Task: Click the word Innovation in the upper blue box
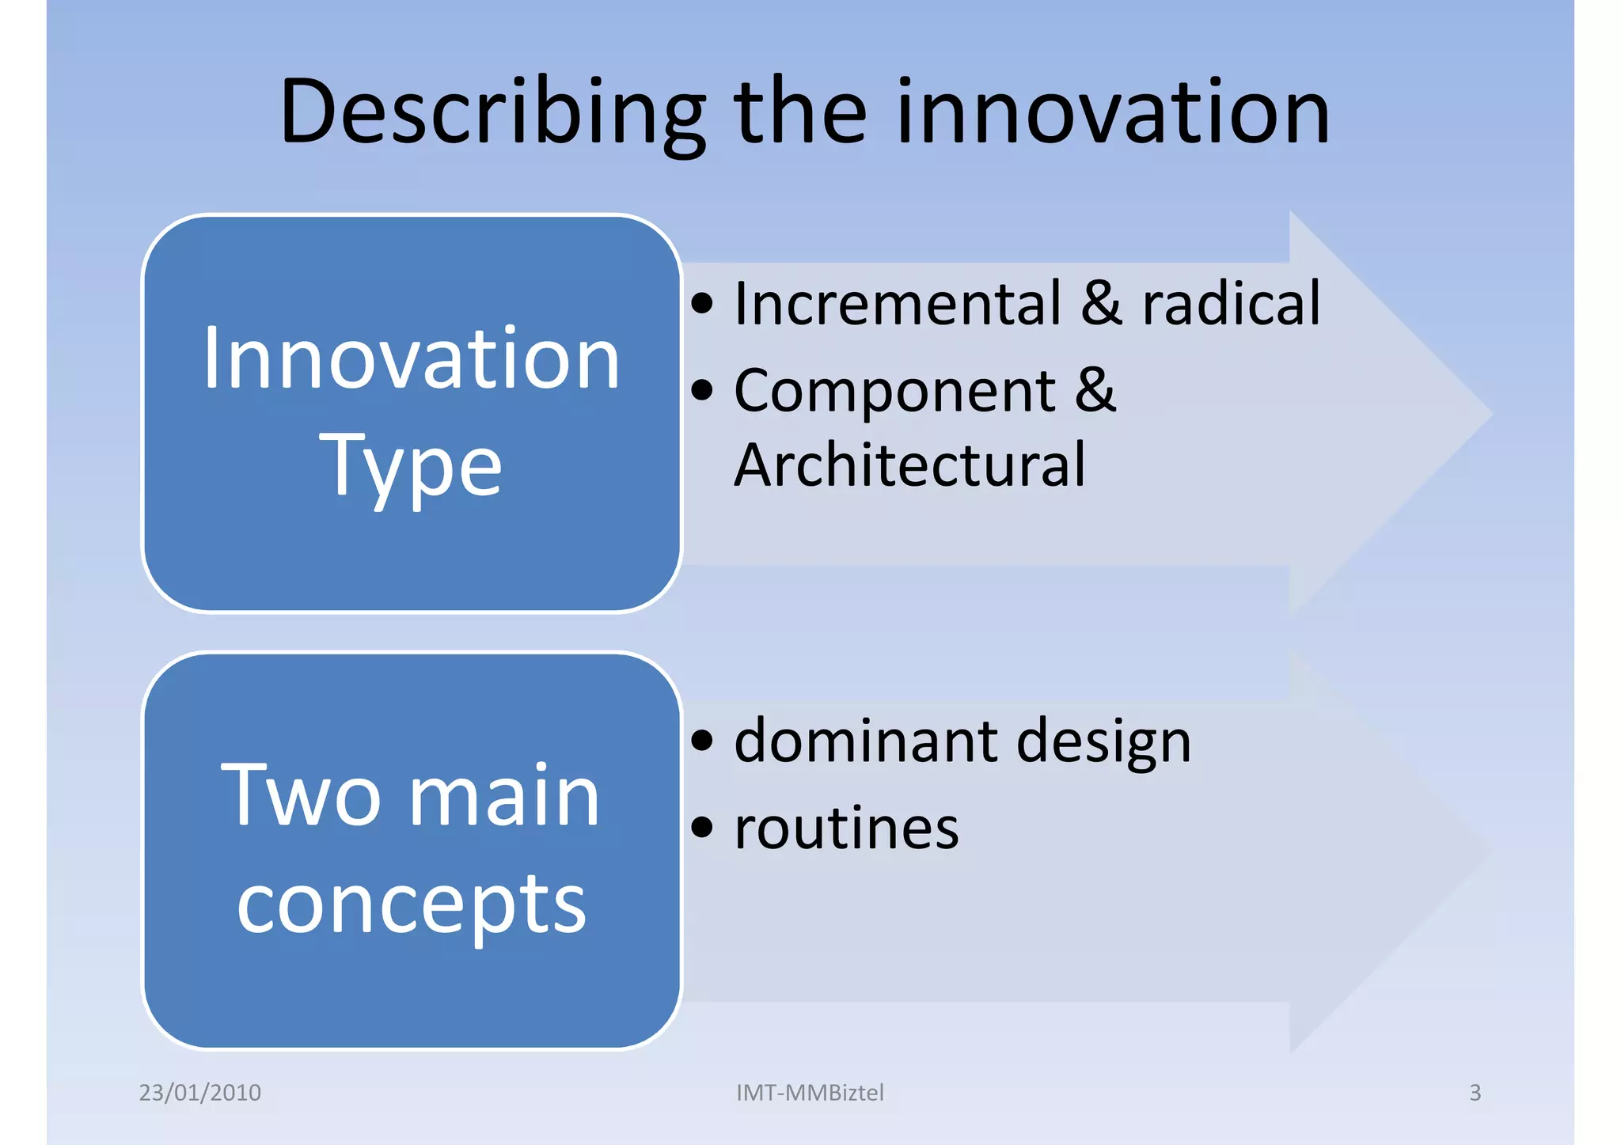[x=411, y=360]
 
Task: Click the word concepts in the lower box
[x=411, y=904]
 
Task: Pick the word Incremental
[x=898, y=304]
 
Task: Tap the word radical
[x=1232, y=304]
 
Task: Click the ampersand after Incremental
[x=1102, y=304]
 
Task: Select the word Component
[x=894, y=391]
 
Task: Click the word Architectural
[x=909, y=465]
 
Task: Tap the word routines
[x=846, y=829]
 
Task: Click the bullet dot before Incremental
[x=702, y=303]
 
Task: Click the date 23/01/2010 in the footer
[x=200, y=1093]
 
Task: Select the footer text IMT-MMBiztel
[x=810, y=1093]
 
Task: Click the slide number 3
[x=1475, y=1093]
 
